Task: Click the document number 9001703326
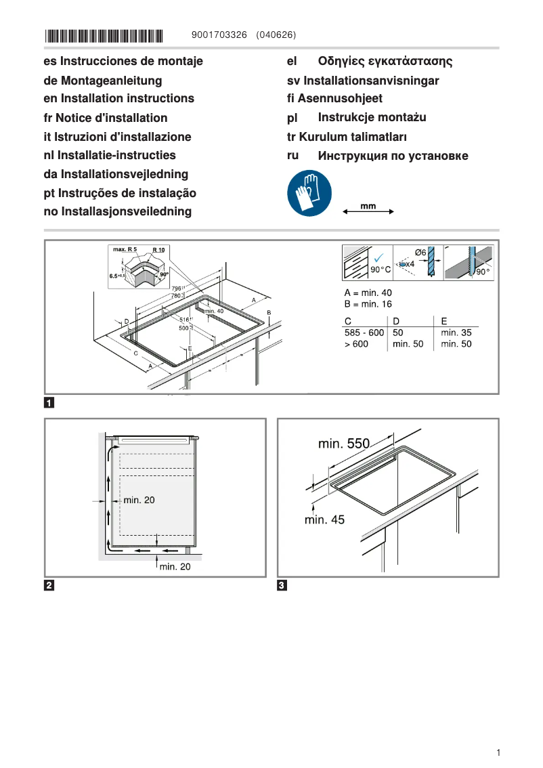click(220, 35)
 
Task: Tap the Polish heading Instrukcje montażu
click(372, 117)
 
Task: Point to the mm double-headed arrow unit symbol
click(368, 209)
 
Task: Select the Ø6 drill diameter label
click(419, 253)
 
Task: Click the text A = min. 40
click(368, 293)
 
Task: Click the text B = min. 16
click(368, 304)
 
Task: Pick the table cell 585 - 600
click(364, 333)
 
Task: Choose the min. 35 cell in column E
click(456, 333)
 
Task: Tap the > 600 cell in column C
click(356, 344)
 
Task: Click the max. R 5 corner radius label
click(125, 250)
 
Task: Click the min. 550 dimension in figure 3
click(344, 444)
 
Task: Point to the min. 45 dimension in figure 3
click(324, 519)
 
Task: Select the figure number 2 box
click(49, 585)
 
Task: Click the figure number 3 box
click(282, 585)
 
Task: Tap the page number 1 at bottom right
click(498, 752)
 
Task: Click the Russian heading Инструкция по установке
click(393, 156)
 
